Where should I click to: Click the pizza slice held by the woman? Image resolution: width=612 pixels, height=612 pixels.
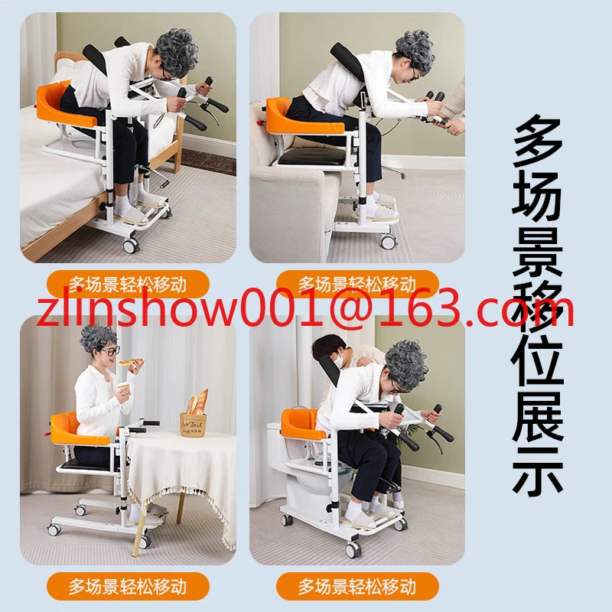click(x=131, y=362)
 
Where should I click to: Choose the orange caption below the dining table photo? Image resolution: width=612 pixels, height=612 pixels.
click(x=128, y=586)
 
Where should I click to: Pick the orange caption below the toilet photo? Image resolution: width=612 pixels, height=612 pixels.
click(x=357, y=586)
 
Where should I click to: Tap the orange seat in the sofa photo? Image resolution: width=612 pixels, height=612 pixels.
click(x=301, y=117)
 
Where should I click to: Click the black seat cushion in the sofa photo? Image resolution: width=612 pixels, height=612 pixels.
click(x=312, y=156)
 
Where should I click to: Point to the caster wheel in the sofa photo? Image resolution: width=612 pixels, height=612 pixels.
click(x=389, y=242)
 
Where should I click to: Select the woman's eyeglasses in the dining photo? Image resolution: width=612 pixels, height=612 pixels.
click(x=111, y=350)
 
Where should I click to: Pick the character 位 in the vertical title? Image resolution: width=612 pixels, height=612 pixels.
click(x=538, y=362)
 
